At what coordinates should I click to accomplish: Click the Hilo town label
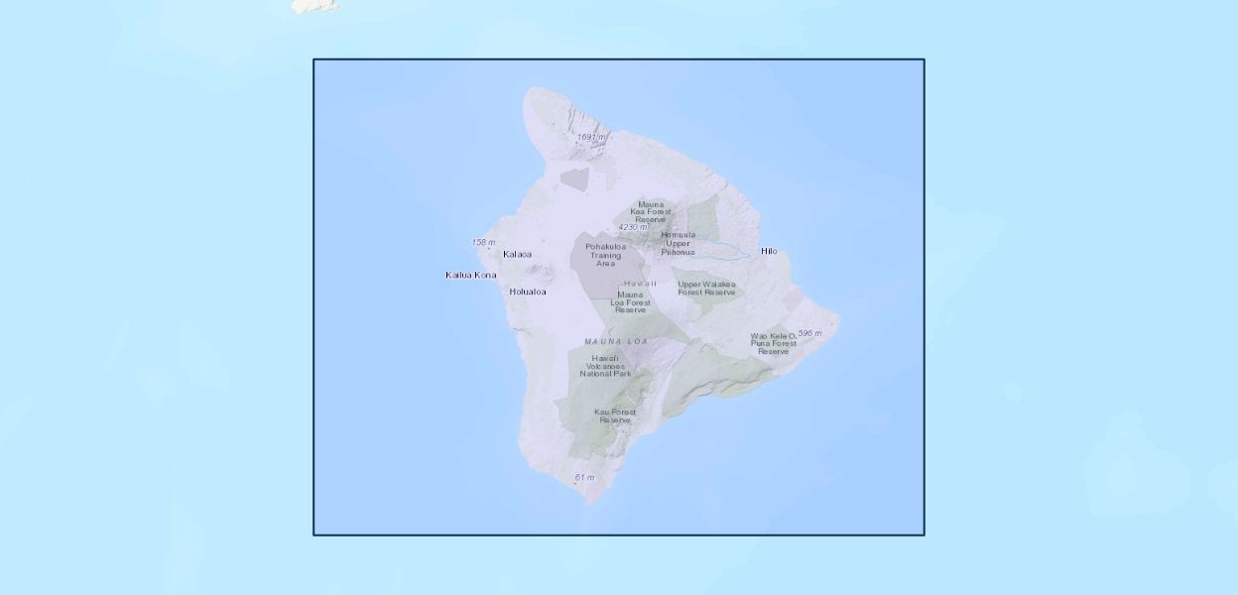click(x=769, y=251)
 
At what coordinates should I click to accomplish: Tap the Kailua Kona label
click(x=470, y=275)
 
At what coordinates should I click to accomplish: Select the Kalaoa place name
click(x=517, y=254)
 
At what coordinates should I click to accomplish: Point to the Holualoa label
click(x=527, y=292)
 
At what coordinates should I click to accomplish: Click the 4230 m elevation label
click(x=632, y=227)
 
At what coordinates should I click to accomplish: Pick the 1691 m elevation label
click(x=591, y=137)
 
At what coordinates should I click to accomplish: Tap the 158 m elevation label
click(x=483, y=242)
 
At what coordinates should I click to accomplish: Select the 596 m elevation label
click(x=809, y=333)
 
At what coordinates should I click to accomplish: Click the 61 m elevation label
click(x=584, y=478)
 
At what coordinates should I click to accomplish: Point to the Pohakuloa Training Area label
click(x=605, y=255)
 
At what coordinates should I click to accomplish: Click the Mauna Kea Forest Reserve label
click(x=651, y=211)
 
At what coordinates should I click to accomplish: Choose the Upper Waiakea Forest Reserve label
click(x=706, y=289)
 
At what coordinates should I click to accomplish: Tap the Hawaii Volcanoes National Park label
click(x=605, y=366)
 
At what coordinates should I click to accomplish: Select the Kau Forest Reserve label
click(x=615, y=416)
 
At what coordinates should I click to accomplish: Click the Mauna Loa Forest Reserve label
click(x=630, y=301)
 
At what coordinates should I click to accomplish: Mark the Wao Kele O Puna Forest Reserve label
click(x=773, y=343)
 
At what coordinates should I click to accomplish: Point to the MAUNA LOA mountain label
click(x=616, y=341)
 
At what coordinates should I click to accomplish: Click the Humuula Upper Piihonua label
click(x=678, y=243)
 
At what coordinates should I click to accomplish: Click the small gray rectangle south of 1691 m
click(x=574, y=179)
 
